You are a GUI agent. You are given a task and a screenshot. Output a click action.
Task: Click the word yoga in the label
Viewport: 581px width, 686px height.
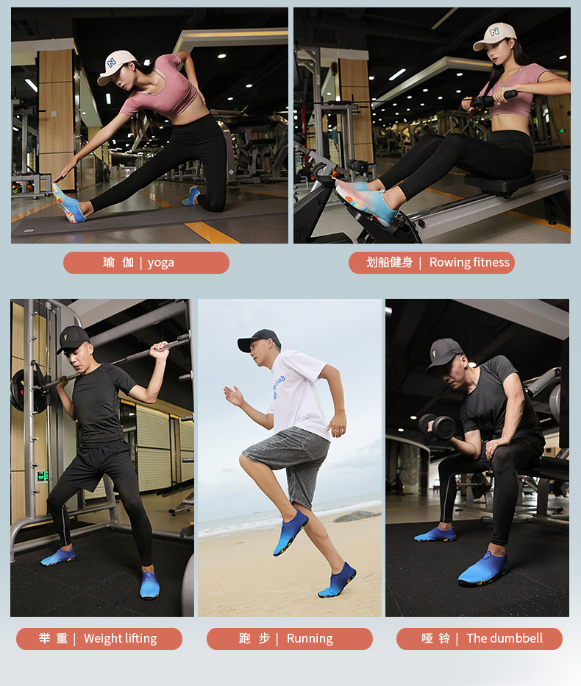coord(160,263)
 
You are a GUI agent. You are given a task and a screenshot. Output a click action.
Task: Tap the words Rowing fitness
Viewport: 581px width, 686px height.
coord(469,262)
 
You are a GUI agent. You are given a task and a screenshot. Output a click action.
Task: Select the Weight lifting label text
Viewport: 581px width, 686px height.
coord(120,639)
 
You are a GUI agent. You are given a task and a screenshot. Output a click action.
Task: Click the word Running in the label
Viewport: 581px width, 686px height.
coord(310,639)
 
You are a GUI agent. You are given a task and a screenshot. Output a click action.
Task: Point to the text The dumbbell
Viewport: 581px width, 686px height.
coord(505,638)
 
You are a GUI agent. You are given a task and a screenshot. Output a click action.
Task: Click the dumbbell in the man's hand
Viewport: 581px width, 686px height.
coord(437,427)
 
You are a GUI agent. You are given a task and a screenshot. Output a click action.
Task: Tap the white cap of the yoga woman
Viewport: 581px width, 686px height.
coord(115,66)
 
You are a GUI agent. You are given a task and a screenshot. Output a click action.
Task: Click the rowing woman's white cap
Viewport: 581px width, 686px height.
coord(495,35)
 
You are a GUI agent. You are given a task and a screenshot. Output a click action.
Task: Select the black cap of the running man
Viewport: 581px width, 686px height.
coord(259,340)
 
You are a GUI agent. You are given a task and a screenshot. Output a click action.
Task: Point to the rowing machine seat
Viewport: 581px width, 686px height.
coord(499,183)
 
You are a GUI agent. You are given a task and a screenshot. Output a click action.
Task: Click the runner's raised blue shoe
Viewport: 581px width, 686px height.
coord(290,532)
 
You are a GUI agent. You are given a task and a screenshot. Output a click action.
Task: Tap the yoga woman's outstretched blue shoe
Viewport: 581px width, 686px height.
coord(68,203)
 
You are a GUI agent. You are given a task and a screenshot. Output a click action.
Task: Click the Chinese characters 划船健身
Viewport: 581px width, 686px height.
coord(389,263)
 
